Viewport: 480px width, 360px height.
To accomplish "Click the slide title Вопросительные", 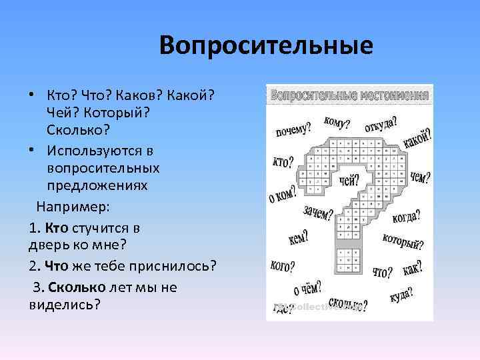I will tap(266, 46).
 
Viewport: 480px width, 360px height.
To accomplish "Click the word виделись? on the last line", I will tap(65, 305).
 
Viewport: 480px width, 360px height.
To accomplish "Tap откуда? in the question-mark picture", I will tap(381, 125).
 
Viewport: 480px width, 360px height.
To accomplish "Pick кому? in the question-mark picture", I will tap(338, 121).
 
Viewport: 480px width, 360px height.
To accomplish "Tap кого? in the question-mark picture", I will tap(283, 265).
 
